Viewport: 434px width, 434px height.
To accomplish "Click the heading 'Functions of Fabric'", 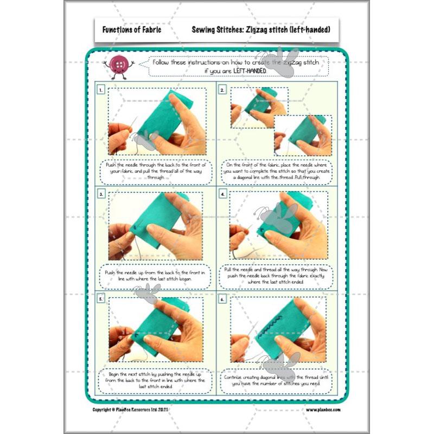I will (127, 29).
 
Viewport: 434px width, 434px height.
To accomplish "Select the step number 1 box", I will (101, 90).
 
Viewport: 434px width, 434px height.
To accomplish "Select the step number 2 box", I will (222, 90).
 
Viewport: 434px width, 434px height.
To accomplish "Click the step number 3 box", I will (101, 194).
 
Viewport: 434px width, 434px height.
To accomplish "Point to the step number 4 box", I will (222, 194).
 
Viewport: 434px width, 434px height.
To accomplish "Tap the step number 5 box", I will (101, 298).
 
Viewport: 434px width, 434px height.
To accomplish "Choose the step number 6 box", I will (222, 298).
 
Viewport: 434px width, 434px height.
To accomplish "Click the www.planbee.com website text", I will (323, 410).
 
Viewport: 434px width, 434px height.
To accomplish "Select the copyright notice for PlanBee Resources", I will (127, 410).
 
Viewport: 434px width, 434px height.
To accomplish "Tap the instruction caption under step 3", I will (156, 276).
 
